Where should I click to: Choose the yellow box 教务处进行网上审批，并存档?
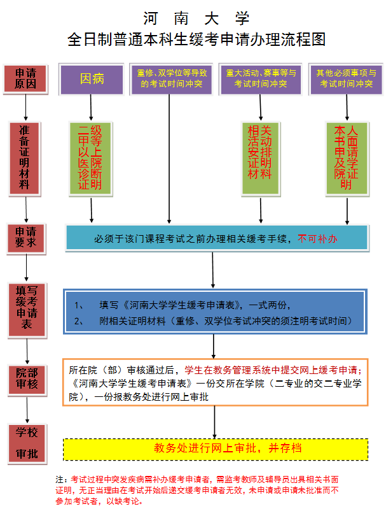coord(215,449)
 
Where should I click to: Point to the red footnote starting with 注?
coord(197,489)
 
